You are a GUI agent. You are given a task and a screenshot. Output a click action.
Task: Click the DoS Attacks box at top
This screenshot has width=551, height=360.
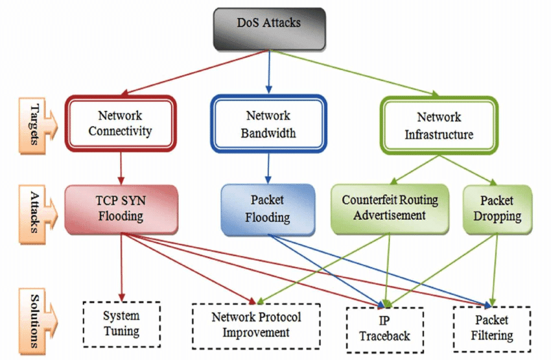click(269, 29)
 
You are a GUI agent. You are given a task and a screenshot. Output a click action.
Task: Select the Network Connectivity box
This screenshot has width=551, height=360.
click(121, 124)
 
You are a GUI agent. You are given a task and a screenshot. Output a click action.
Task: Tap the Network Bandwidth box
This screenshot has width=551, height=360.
click(268, 124)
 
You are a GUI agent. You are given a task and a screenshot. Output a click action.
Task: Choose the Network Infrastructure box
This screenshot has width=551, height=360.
click(439, 125)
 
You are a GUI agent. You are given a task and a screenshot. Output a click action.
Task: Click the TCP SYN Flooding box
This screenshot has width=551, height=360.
click(121, 208)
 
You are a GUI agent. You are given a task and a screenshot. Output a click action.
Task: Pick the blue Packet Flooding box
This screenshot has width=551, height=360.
click(268, 209)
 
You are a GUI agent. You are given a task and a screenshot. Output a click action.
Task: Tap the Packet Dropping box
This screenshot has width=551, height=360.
click(497, 208)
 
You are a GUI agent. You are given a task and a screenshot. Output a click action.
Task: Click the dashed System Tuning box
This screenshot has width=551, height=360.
click(121, 323)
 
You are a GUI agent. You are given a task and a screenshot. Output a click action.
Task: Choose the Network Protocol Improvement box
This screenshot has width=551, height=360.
click(256, 324)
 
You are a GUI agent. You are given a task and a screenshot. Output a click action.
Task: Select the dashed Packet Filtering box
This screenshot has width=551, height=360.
click(492, 328)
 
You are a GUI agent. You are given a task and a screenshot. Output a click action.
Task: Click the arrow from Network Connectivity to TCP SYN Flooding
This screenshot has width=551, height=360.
click(121, 168)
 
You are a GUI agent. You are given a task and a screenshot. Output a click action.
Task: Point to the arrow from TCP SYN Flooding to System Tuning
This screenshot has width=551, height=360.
click(121, 266)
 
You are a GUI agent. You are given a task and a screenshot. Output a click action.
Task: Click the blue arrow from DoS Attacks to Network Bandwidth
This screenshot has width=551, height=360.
click(268, 72)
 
